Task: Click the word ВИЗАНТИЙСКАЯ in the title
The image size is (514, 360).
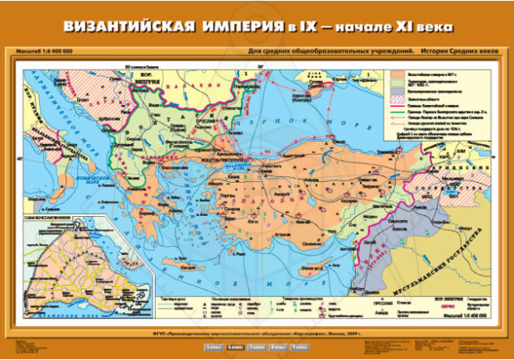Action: [132, 27]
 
